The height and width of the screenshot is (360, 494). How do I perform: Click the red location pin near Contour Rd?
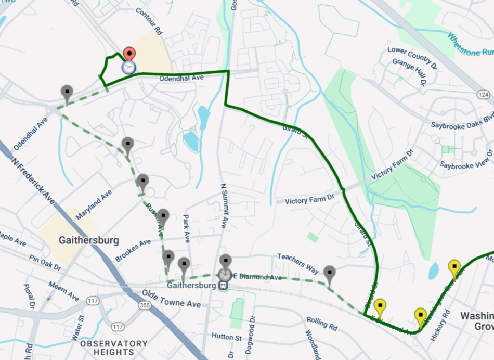129,54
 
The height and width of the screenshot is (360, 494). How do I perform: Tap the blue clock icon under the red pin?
128,67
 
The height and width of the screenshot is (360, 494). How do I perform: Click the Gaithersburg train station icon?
224,286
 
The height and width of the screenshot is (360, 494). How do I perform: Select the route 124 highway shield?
483,94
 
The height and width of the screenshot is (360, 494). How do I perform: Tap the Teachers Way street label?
298,263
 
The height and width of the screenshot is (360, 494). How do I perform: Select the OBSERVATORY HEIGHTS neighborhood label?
114,348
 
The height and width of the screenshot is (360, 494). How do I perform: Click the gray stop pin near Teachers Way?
329,273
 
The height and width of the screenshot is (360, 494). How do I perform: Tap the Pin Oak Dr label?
45,263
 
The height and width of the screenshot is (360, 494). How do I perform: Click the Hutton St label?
226,337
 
